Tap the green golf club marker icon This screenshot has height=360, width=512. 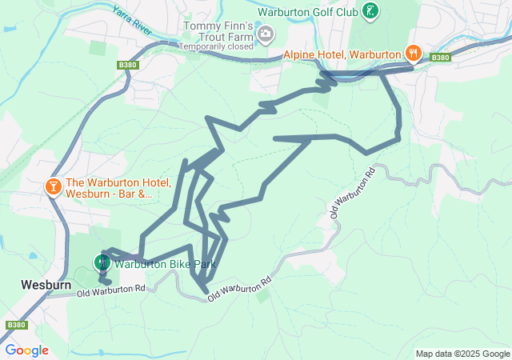tap(370, 11)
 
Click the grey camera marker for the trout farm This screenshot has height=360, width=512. tap(266, 34)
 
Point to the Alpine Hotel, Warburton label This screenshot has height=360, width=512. tap(342, 54)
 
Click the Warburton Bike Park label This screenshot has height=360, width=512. tap(165, 264)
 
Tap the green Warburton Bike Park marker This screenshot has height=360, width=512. tap(102, 262)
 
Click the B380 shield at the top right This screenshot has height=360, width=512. tap(439, 58)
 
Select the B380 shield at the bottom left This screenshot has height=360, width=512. tap(14, 326)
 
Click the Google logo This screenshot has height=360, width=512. tap(26, 350)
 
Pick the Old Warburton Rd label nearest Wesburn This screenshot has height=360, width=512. tap(112, 290)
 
